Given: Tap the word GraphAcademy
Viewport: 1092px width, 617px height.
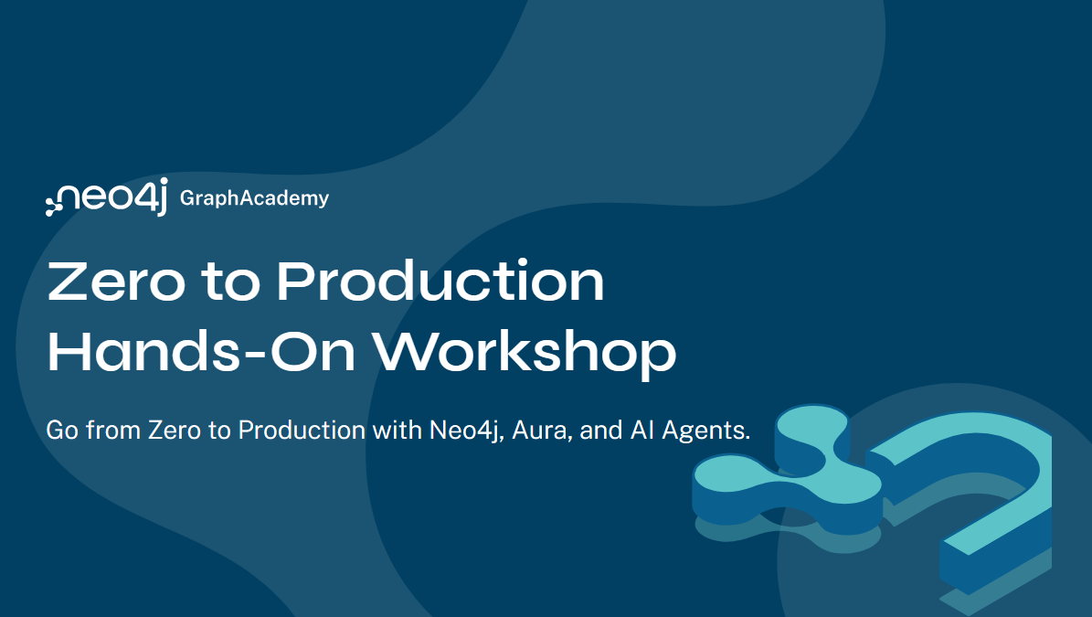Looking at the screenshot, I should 254,197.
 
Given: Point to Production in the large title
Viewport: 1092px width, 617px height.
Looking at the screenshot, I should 440,282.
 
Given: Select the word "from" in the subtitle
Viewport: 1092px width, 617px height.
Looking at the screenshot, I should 111,430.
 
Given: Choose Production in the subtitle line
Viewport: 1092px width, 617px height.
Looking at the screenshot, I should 302,430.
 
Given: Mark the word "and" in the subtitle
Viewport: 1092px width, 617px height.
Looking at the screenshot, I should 601,430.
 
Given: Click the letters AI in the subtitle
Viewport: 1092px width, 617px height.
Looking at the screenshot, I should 642,430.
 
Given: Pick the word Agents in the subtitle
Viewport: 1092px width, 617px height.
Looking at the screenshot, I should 705,431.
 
